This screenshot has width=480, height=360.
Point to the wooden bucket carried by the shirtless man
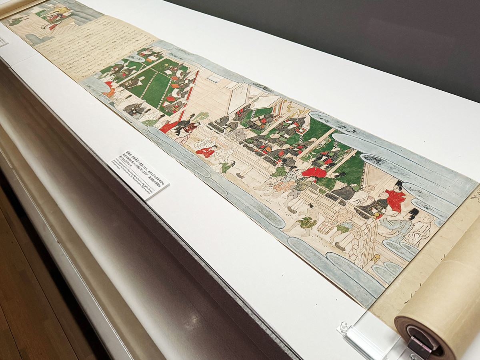326,228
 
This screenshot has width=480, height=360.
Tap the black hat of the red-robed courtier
398,184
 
